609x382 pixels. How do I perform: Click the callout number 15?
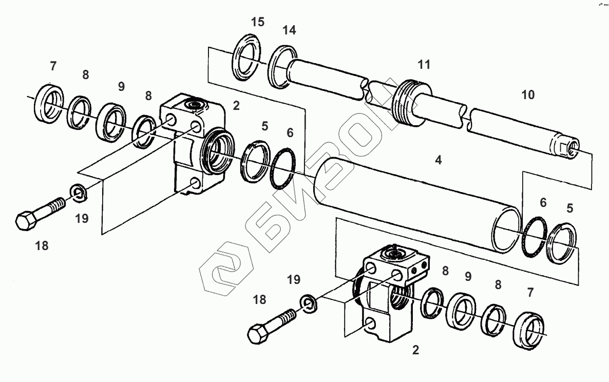point(257,22)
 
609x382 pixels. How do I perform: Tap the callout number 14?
point(289,30)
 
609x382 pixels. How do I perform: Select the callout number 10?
point(527,95)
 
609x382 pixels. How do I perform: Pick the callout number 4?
point(438,160)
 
